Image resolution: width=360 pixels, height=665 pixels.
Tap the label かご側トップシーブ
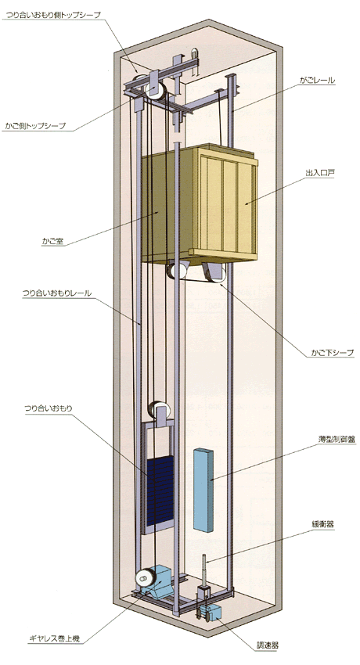pyautogui.click(x=36, y=126)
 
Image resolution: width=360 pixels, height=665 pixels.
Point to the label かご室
pyautogui.click(x=52, y=241)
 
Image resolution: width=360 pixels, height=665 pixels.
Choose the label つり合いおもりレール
pyautogui.click(x=57, y=293)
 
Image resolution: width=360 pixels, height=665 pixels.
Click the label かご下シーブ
pyautogui.click(x=332, y=352)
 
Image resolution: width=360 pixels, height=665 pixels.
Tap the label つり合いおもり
pyautogui.click(x=48, y=408)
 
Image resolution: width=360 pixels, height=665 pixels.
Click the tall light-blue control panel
pyautogui.click(x=203, y=489)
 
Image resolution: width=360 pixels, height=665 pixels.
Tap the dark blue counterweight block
pyautogui.click(x=160, y=491)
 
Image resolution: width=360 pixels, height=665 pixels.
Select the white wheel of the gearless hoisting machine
pyautogui.click(x=145, y=577)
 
